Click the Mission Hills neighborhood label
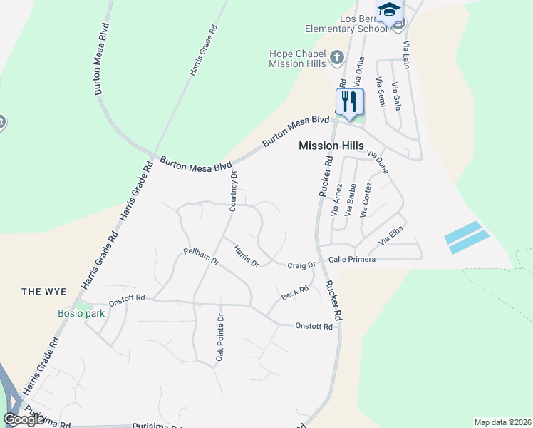click(x=328, y=146)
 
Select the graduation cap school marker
click(x=389, y=9)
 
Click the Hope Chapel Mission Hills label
click(x=297, y=58)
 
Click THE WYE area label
click(x=43, y=291)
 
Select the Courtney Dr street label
click(x=233, y=191)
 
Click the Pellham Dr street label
click(x=201, y=256)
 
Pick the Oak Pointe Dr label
click(x=220, y=337)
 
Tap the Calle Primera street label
click(x=351, y=260)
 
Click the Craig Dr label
click(x=301, y=265)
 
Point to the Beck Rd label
click(x=294, y=292)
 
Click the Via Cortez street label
click(x=366, y=200)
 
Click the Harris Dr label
click(x=246, y=256)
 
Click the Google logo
click(x=24, y=419)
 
